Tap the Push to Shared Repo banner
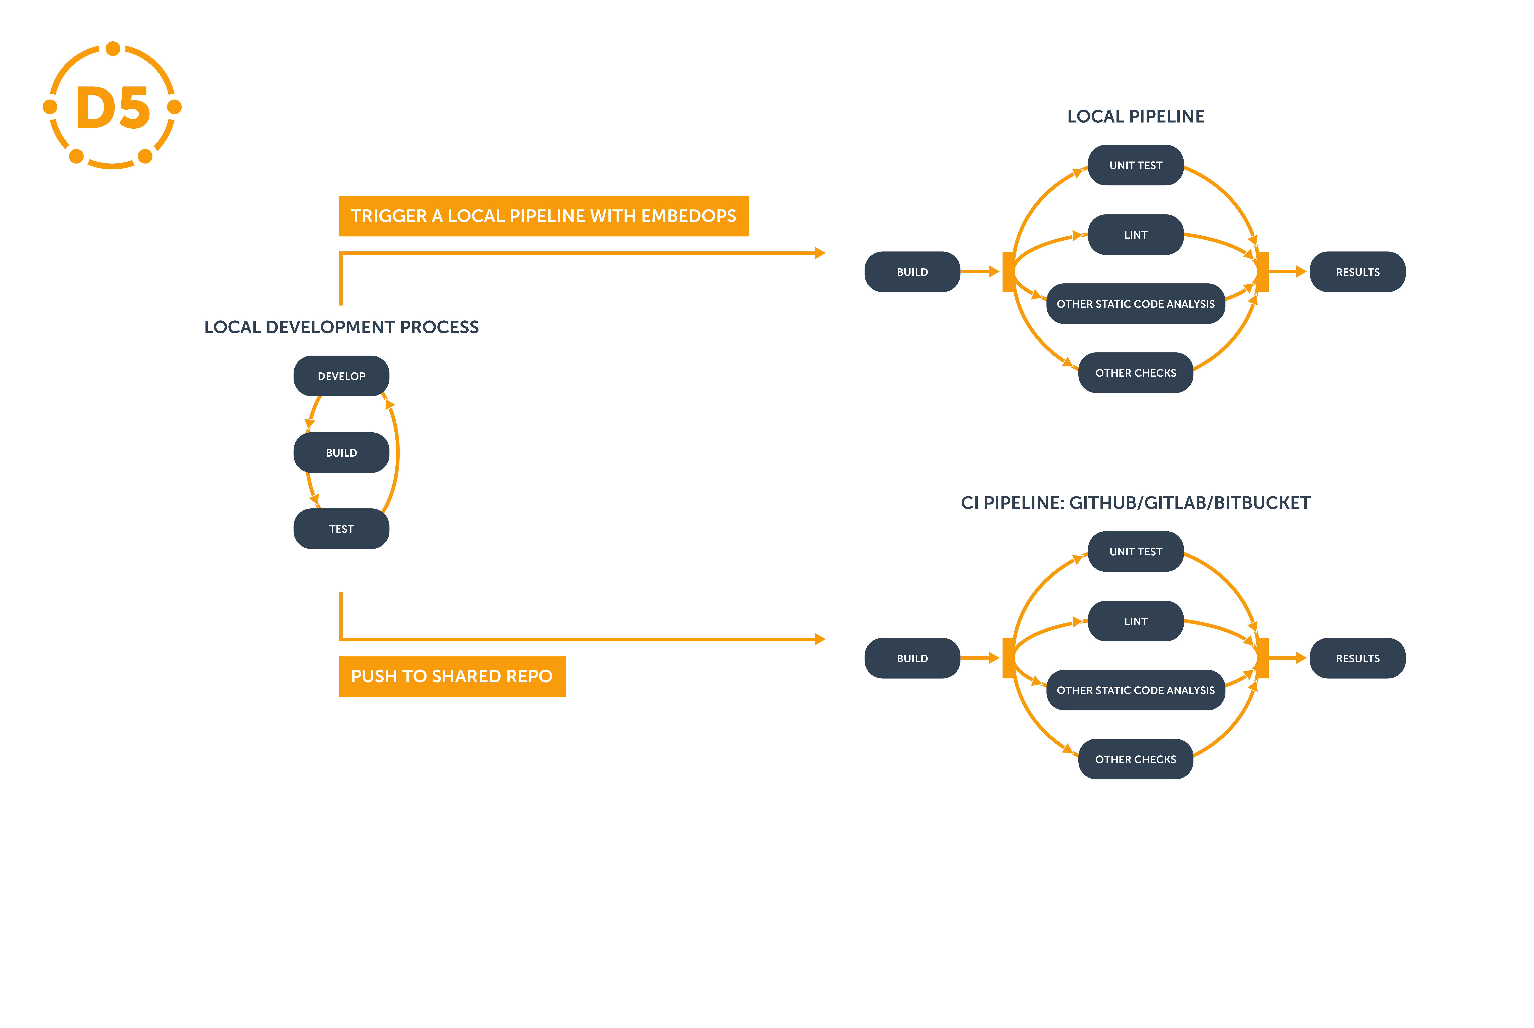click(x=452, y=676)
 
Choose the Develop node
click(x=341, y=376)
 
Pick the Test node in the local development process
click(x=341, y=528)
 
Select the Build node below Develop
click(x=341, y=452)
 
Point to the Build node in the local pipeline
click(x=912, y=271)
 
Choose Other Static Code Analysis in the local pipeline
click(x=1135, y=304)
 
